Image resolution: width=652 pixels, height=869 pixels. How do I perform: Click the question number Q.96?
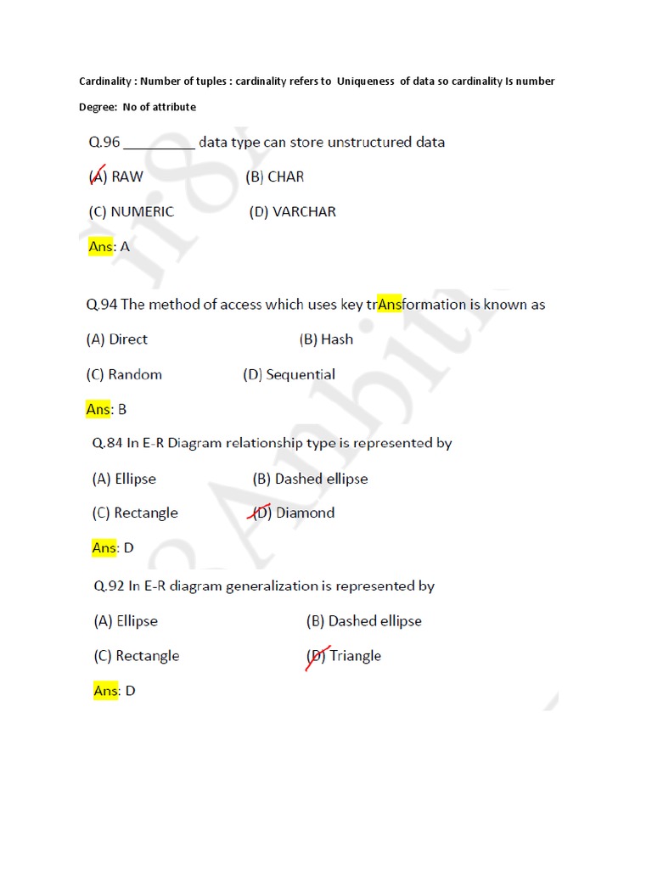pos(104,143)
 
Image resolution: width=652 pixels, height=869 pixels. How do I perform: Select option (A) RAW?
pos(116,177)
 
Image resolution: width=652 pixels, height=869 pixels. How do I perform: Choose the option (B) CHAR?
pos(274,177)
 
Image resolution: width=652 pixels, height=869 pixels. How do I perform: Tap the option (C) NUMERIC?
pos(131,212)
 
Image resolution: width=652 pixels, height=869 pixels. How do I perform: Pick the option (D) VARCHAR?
pos(292,212)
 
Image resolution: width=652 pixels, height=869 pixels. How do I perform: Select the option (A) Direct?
pos(117,339)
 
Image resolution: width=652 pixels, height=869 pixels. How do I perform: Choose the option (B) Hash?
pos(326,339)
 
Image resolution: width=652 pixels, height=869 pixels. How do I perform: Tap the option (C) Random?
pos(124,374)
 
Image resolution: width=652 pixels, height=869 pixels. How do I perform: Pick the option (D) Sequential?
pos(289,374)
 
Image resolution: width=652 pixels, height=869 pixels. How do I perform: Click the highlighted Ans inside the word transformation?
pos(389,305)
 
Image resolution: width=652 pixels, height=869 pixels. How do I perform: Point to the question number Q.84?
pos(108,443)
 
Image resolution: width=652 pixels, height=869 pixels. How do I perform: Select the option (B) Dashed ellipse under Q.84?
pos(310,479)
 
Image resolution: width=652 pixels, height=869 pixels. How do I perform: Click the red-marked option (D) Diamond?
pos(295,513)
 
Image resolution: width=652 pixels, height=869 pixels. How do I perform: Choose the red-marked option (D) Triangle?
pos(343,656)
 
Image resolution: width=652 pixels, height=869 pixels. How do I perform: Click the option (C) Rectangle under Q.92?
pos(136,656)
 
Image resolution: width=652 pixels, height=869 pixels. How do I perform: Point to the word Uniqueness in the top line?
pos(365,81)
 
